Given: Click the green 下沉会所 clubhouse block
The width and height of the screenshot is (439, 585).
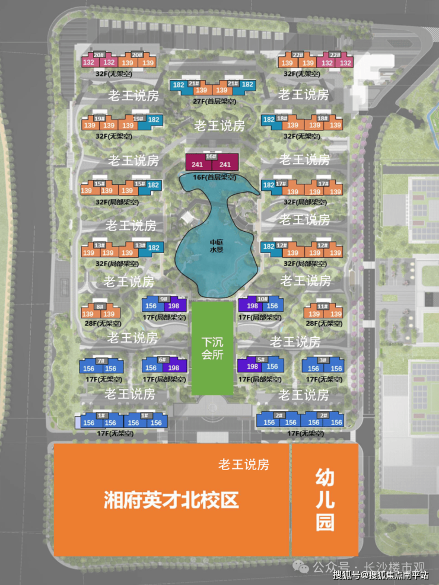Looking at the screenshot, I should pos(213,348).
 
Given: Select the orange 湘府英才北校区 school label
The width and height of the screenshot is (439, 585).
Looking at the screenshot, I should pos(171,500).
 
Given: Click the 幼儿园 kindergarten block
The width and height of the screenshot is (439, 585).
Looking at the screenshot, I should pos(325,500).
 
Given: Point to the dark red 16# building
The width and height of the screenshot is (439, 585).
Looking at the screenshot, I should pos(212,161).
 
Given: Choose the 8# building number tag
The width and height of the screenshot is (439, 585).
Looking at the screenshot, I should pos(99,306).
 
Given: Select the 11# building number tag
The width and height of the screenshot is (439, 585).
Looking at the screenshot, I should pos(323,306).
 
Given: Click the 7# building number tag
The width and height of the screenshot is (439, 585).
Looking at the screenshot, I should pos(100,360).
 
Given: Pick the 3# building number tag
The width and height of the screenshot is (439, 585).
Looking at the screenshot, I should pos(323,360).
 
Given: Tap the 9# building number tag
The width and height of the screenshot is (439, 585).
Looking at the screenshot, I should pos(164,299).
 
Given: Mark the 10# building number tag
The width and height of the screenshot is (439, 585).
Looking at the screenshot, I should pos(262,299).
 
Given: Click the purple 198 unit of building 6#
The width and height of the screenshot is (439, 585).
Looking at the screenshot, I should pos(174,368).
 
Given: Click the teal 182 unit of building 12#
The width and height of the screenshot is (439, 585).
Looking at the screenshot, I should pos(269,247).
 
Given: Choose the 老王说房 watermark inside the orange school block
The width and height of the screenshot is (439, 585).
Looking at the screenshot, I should pos(243,464).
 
